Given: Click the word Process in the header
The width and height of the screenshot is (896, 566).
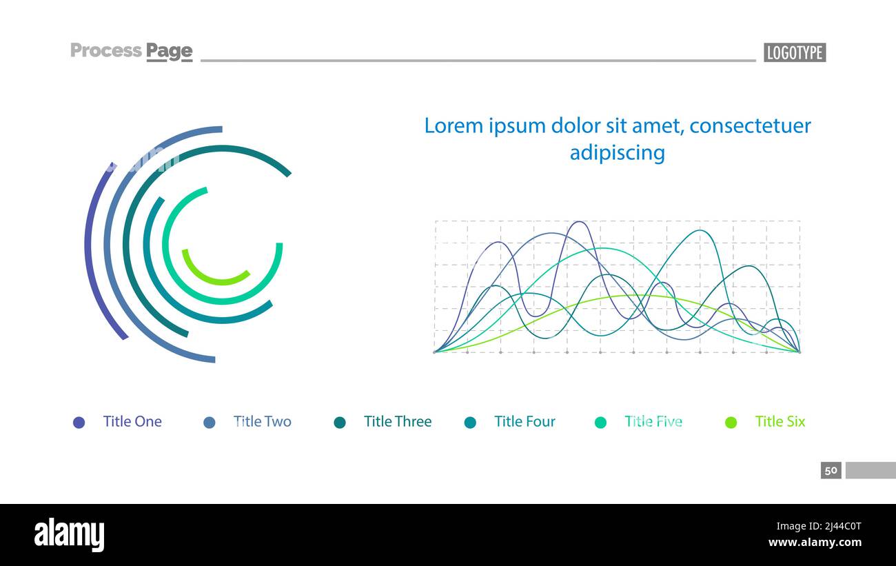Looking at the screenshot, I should pos(106,50).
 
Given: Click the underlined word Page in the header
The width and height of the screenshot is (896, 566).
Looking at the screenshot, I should pos(169,51).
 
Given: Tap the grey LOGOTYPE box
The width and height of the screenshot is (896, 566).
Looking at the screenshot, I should pos(794,52).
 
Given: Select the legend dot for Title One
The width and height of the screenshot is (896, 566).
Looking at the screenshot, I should pos(79,423).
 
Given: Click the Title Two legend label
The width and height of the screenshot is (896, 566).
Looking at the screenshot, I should pos(262,421).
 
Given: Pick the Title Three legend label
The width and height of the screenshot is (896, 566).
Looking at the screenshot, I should pos(397,421).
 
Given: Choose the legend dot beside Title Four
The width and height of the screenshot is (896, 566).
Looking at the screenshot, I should pos(470,423).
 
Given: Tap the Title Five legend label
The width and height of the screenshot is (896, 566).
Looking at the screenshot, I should pos(653,421).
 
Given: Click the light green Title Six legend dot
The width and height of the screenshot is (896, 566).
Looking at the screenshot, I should pos(731,423).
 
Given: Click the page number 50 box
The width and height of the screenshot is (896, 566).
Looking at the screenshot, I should pos(831,470).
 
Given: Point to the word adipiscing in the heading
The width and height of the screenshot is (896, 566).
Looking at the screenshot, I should pos(617,152).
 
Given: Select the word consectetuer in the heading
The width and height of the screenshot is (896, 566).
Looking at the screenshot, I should pos(750,125).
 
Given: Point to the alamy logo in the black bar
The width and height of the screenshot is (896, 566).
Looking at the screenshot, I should pos(69,535).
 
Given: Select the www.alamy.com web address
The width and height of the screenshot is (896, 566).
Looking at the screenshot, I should pos(815,543).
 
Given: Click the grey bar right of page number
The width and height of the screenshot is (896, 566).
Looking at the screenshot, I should pos(870,470).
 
